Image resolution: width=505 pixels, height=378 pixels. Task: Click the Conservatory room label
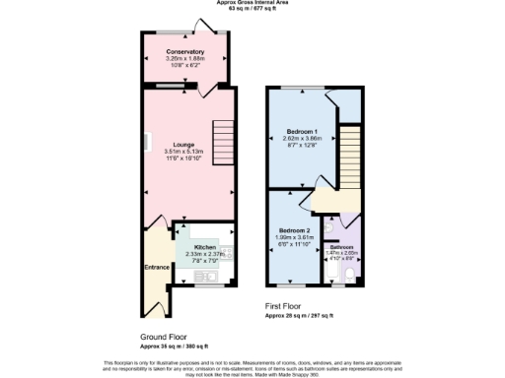[185, 51]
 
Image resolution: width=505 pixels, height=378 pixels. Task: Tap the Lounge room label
[185, 144]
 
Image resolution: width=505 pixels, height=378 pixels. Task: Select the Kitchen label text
[205, 246]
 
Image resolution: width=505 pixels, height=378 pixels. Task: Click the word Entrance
[156, 266]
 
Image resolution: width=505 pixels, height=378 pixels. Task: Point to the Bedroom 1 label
[302, 131]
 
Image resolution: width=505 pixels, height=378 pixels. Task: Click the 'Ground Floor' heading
[163, 337]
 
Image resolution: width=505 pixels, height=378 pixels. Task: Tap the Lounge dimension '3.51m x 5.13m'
[185, 151]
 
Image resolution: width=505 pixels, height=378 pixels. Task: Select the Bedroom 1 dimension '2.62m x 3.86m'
[302, 138]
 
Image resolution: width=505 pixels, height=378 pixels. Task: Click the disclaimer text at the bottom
[252, 366]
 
